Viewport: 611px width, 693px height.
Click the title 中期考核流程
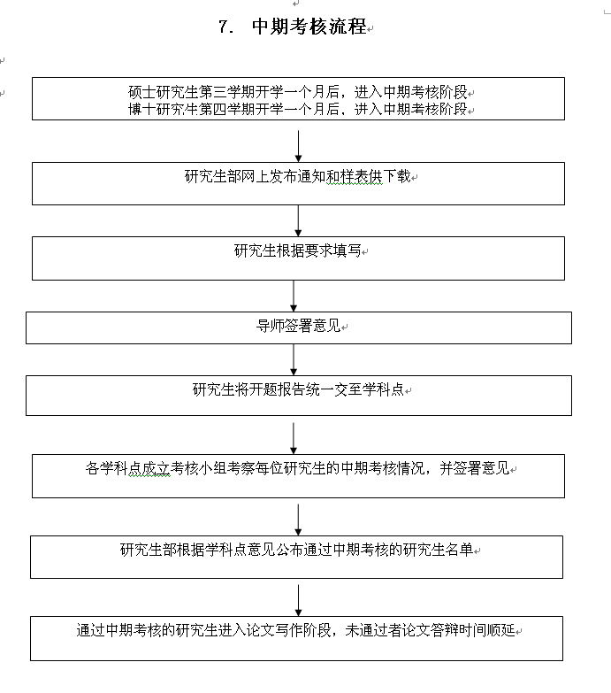coord(309,27)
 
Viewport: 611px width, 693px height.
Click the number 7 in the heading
coord(224,27)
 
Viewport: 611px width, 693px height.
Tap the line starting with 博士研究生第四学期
coord(298,109)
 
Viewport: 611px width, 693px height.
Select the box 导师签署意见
coord(298,327)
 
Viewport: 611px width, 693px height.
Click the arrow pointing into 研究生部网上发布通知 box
coord(298,146)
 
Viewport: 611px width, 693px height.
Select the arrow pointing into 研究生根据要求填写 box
coord(298,220)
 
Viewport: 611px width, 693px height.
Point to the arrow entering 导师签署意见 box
coord(294,296)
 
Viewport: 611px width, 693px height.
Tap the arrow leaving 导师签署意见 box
coord(294,359)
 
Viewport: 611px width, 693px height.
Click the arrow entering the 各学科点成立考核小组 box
coord(294,438)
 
